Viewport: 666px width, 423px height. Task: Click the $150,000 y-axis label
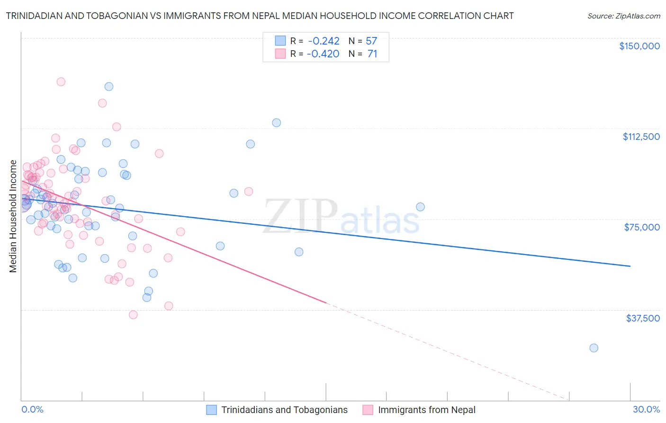(x=639, y=46)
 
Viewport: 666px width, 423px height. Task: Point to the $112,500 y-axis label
(x=641, y=137)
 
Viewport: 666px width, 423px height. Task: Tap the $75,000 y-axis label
(x=642, y=227)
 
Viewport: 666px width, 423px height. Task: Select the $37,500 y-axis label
(x=643, y=318)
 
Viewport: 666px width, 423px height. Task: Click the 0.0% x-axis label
(x=32, y=409)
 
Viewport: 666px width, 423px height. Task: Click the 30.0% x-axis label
(x=646, y=409)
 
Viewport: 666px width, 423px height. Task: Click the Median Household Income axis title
(x=13, y=216)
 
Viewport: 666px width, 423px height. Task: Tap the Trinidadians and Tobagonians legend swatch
(x=211, y=410)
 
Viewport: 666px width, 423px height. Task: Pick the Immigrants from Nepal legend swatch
(x=368, y=410)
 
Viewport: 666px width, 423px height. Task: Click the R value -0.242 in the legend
(x=323, y=41)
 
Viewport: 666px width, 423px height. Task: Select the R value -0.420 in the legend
(x=323, y=54)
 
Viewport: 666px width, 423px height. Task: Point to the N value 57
(x=371, y=41)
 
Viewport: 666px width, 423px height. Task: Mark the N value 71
(x=372, y=54)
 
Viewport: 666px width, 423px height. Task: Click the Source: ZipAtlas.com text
(x=623, y=16)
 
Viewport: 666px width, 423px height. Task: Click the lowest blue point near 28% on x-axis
(x=594, y=348)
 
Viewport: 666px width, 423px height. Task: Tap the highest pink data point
(x=61, y=82)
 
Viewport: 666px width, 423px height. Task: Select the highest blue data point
(x=109, y=86)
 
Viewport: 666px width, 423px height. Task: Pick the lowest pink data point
(x=133, y=315)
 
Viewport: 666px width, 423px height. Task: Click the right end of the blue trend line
(x=630, y=266)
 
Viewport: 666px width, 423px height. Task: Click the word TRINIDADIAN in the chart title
(x=36, y=16)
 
